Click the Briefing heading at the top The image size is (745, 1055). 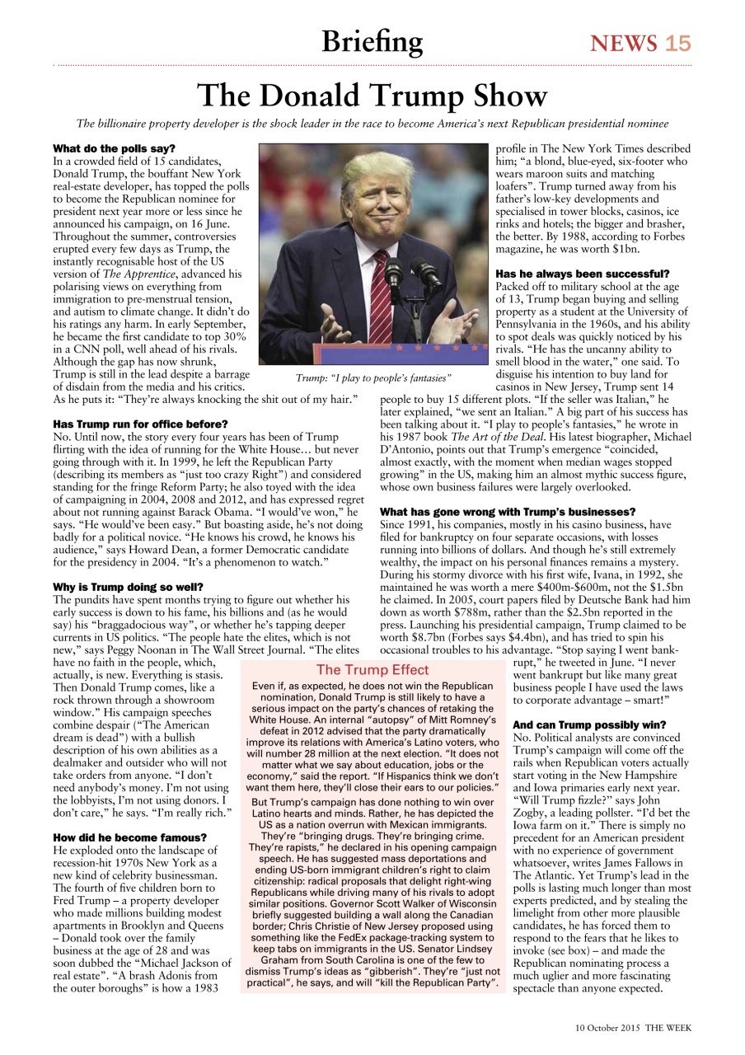click(x=372, y=41)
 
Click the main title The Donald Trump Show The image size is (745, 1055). click(x=372, y=96)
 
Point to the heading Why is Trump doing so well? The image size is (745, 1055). click(x=124, y=588)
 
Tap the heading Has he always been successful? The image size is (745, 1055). click(x=582, y=273)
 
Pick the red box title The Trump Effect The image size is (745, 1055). click(x=372, y=670)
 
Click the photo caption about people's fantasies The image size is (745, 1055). click(x=373, y=377)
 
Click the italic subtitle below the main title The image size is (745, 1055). click(x=372, y=124)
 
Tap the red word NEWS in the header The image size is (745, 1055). click(x=624, y=43)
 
